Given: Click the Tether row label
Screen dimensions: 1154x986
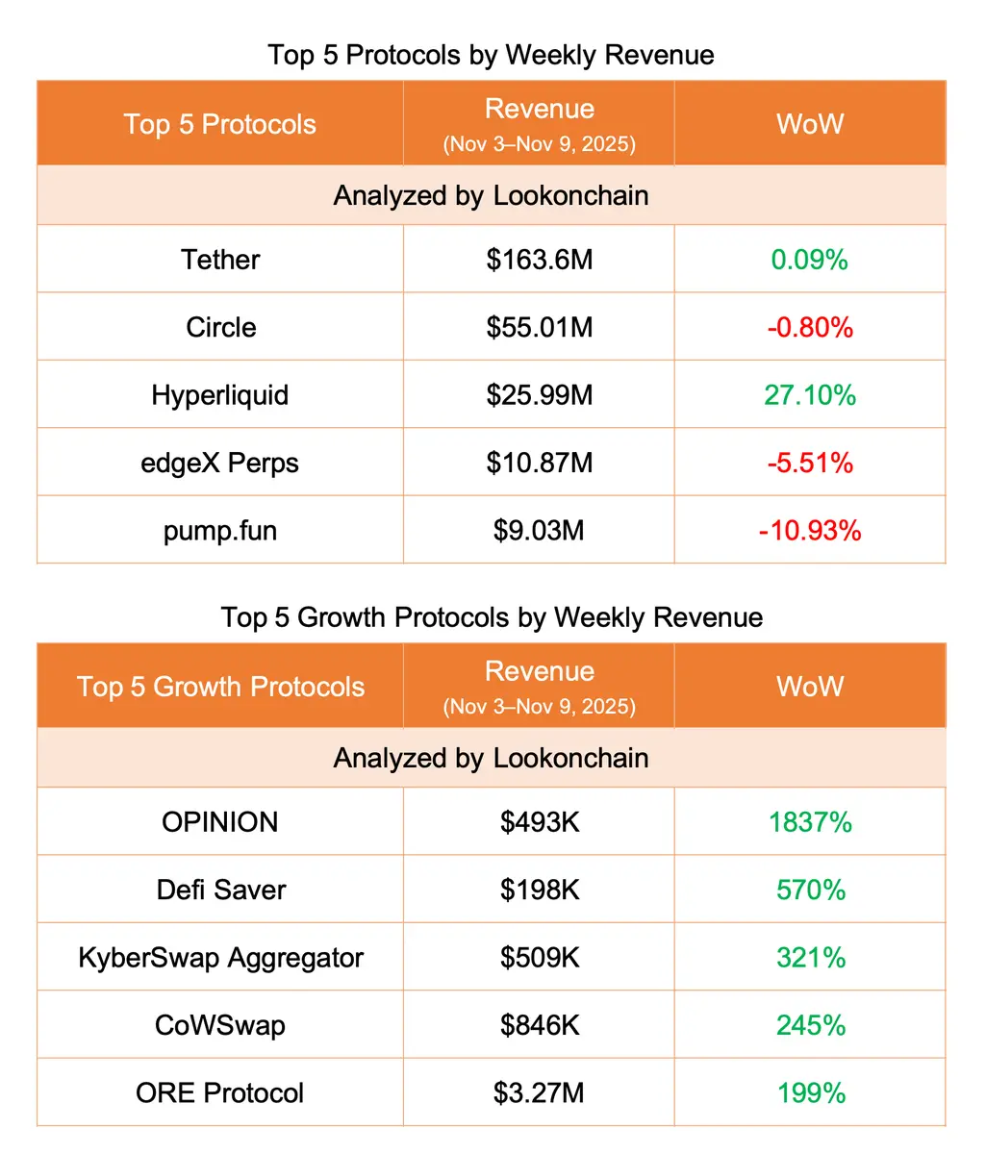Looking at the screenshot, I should point(220,260).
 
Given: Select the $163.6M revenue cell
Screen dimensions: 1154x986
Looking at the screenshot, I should point(539,260).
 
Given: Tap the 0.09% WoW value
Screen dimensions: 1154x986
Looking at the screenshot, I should point(809,260).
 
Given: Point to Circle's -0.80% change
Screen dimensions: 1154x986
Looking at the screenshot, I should point(809,328).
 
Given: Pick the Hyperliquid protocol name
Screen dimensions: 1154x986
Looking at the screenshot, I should point(220,395).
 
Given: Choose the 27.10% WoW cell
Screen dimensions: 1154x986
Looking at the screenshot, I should point(809,395).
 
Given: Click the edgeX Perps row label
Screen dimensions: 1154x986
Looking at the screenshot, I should point(220,464).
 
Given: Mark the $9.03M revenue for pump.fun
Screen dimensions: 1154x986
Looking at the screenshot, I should point(539,531).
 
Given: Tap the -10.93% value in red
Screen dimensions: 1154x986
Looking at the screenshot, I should point(809,531).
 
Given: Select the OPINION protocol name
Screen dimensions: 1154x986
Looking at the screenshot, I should point(220,822).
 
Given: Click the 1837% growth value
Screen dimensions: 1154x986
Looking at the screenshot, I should point(810,822).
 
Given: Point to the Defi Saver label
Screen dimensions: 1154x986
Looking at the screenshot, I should point(221,890).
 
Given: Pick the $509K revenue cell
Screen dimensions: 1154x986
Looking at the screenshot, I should point(540,958).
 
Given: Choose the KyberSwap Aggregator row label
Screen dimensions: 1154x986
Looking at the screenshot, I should point(220,958).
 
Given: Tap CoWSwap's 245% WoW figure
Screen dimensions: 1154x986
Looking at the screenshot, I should point(811,1025).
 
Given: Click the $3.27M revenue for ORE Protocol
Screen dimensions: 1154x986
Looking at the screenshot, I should point(539,1093).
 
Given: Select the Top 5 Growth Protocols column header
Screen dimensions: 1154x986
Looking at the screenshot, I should point(220,687).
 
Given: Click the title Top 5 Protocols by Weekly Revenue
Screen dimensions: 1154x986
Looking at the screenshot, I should point(491,55).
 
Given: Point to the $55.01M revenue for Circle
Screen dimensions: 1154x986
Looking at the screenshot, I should point(539,328).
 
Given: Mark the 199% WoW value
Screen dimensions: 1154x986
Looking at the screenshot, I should point(811,1093).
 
